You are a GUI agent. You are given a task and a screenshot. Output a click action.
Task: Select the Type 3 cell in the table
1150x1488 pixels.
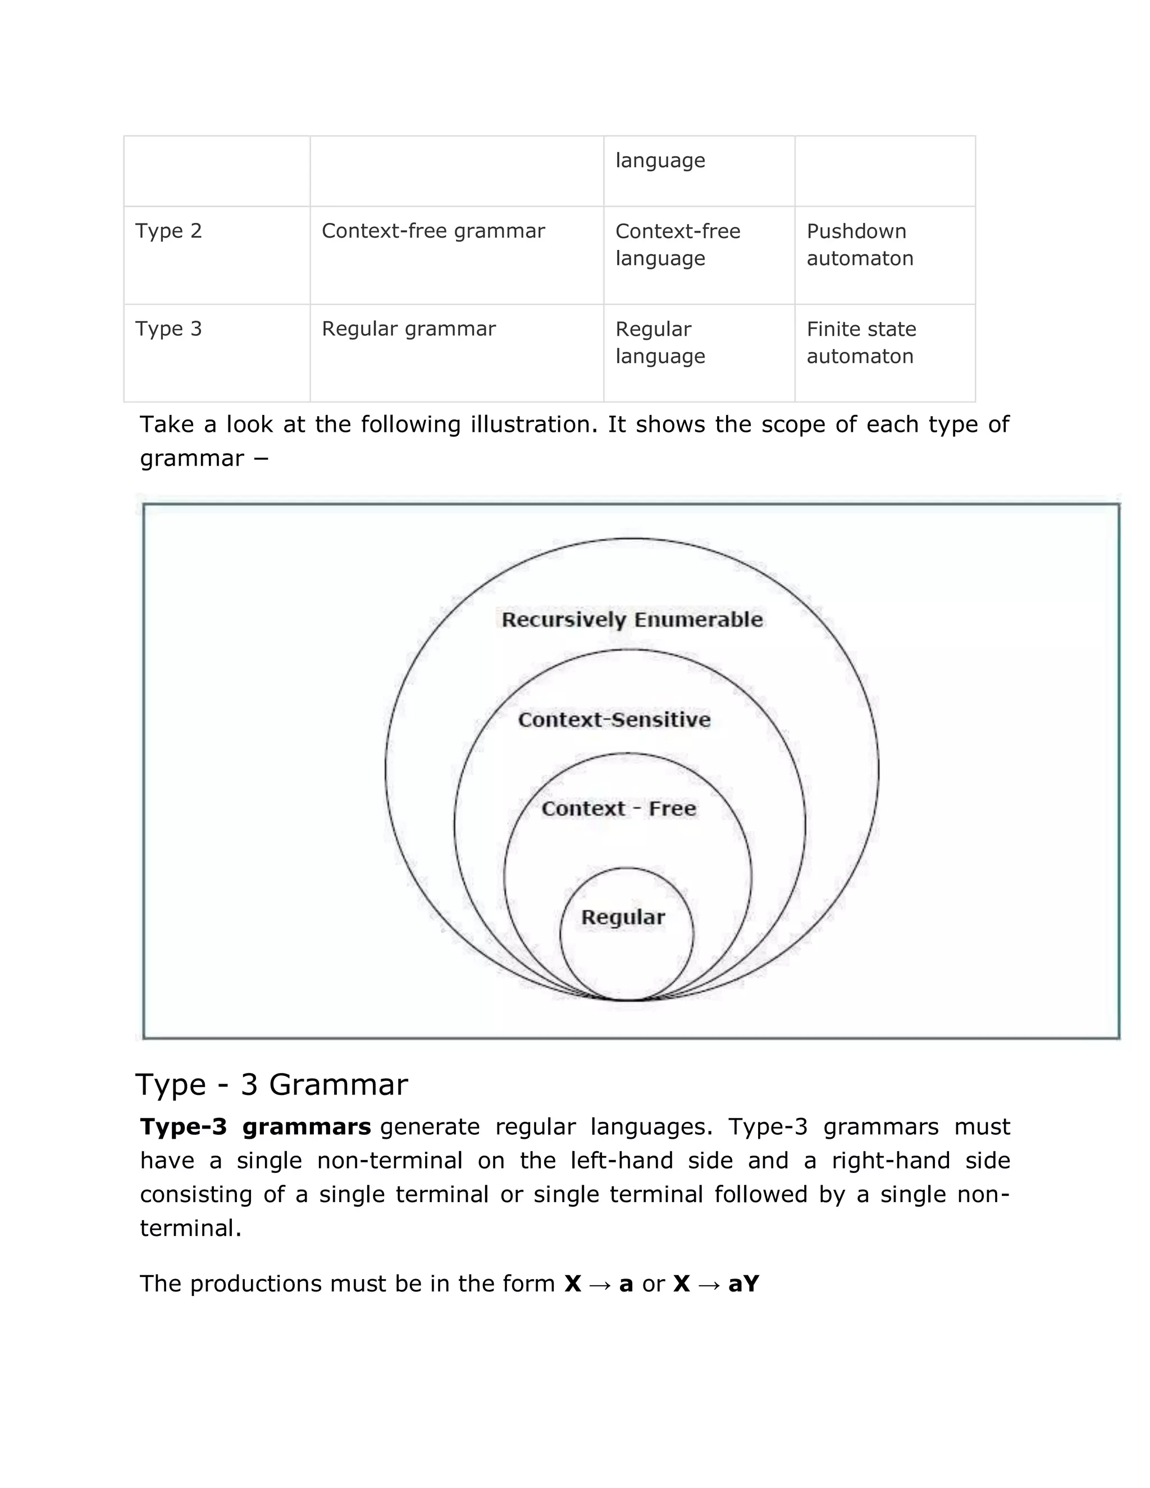169,329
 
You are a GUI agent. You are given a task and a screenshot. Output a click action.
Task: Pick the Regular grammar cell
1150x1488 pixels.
408,329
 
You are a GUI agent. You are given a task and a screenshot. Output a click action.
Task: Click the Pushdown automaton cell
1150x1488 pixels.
859,245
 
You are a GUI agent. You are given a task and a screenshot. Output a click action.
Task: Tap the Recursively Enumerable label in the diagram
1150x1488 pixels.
632,620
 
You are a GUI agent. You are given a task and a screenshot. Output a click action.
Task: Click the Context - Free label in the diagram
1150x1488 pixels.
619,809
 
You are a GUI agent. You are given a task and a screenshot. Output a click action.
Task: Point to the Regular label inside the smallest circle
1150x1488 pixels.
623,917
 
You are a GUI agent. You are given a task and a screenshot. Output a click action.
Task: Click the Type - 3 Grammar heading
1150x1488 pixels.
271,1085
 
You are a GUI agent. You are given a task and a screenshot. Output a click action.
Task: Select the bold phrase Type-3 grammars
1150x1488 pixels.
255,1127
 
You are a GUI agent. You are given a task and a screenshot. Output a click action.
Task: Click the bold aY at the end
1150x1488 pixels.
743,1284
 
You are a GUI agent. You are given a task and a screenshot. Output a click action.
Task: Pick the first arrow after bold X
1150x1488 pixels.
600,1284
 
